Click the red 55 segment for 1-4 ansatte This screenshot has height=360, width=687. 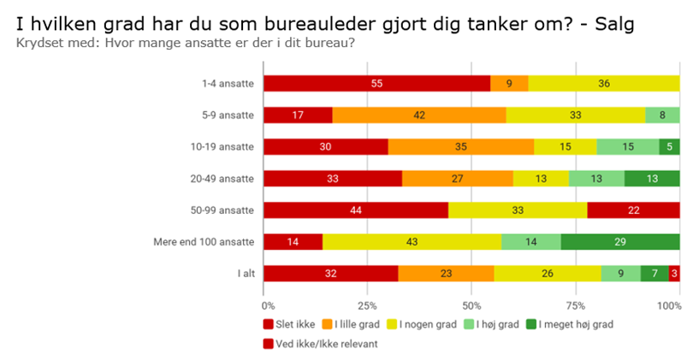click(376, 83)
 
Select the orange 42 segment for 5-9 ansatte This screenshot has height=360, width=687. click(419, 115)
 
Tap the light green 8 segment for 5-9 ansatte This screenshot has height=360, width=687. click(662, 115)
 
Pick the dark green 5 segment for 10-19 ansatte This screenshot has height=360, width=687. click(670, 146)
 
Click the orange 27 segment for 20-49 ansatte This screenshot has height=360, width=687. click(458, 178)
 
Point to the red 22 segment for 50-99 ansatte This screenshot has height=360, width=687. click(634, 210)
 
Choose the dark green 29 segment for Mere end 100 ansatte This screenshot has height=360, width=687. click(620, 241)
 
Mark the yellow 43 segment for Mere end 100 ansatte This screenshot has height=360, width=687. click(412, 241)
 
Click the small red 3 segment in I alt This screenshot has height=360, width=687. click(674, 273)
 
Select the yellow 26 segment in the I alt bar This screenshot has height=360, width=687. click(548, 273)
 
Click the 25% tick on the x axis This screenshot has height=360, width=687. click(368, 304)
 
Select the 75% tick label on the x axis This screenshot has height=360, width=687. click(576, 304)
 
